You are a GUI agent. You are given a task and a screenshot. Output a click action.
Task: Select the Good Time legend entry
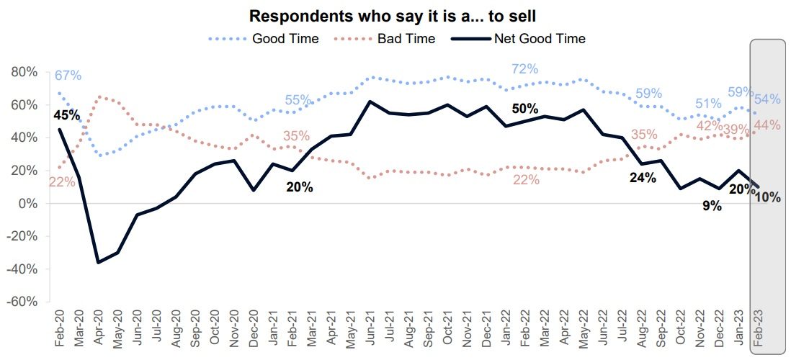(285, 38)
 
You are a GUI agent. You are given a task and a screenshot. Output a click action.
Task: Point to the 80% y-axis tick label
(24, 72)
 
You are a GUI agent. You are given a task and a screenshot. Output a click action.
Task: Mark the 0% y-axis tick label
(27, 204)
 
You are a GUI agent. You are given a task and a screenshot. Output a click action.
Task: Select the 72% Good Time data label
(524, 69)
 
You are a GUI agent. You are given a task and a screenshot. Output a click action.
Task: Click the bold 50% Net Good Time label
(524, 109)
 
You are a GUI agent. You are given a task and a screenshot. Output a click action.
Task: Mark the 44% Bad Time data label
(767, 125)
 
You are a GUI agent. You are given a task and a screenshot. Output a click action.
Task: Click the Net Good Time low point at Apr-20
(98, 262)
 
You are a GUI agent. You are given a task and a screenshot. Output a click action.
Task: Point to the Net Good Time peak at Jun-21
(370, 102)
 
